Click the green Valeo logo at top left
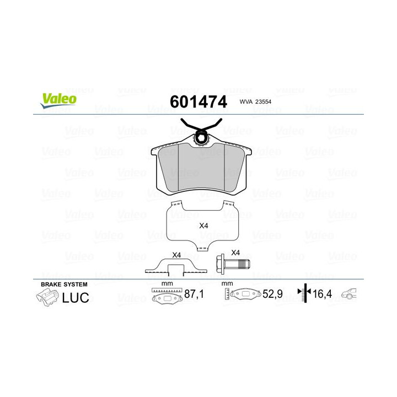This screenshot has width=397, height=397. [x=57, y=99]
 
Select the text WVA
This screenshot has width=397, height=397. [x=246, y=102]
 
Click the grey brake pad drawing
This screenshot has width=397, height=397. [x=202, y=168]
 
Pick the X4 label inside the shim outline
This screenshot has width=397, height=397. [x=203, y=226]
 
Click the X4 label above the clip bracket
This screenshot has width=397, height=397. [x=176, y=255]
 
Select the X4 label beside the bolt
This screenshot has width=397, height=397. [x=235, y=252]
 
